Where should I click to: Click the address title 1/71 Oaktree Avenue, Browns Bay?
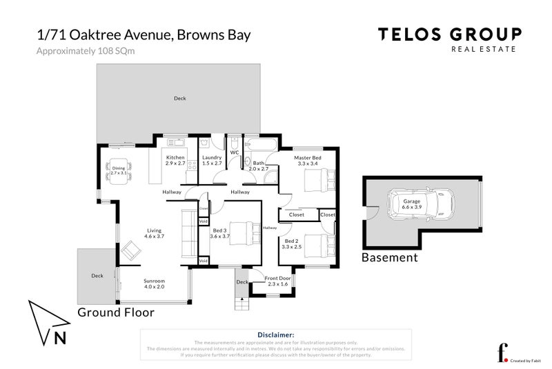(x=143, y=34)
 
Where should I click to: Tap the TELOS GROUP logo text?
(x=448, y=34)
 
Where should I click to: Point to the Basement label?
(x=390, y=257)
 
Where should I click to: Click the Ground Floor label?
(x=115, y=312)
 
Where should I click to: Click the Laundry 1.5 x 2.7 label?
(x=211, y=160)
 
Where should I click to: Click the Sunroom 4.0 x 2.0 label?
(x=154, y=284)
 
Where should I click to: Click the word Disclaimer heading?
(x=275, y=335)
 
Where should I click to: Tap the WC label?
(x=234, y=152)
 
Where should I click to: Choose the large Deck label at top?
(x=179, y=99)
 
